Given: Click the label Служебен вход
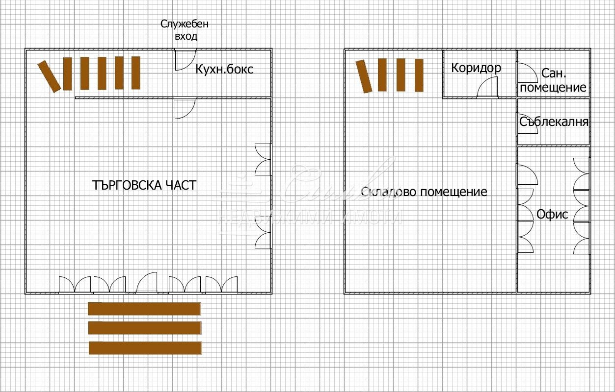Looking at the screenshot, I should click(x=185, y=30).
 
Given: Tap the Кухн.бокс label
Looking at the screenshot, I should click(x=224, y=69).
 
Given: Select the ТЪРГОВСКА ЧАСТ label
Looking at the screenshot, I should click(x=144, y=185).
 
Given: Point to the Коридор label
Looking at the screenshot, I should click(x=476, y=68).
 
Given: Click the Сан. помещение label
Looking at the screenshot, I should click(x=554, y=81).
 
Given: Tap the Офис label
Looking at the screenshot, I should click(x=552, y=214).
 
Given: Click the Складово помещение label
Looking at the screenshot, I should click(x=424, y=192).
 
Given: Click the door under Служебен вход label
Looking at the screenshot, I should click(x=185, y=60).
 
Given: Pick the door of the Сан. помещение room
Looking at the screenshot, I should click(x=526, y=73).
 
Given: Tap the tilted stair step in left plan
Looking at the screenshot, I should click(x=49, y=76).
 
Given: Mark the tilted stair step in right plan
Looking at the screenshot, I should click(x=364, y=76).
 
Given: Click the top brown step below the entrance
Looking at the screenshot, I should click(x=144, y=309).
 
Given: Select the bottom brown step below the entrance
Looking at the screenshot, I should click(x=145, y=348).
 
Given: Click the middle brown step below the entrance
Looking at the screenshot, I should click(x=145, y=328).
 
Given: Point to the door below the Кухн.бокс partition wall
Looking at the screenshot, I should click(x=184, y=108).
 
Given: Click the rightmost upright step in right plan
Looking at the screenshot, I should click(x=419, y=75).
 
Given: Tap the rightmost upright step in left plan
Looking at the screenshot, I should click(x=136, y=73).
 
